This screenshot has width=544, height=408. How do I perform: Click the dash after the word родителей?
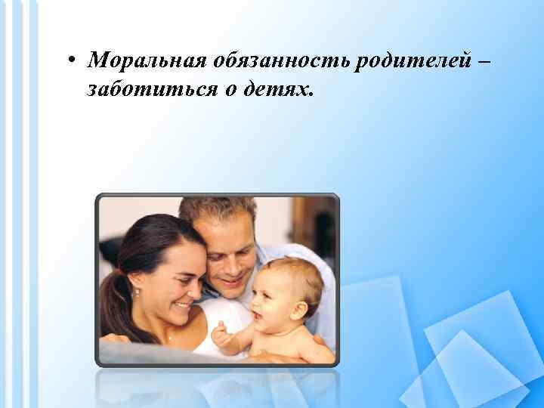pyautogui.click(x=480, y=60)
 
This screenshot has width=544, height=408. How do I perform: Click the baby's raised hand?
pyautogui.click(x=221, y=333)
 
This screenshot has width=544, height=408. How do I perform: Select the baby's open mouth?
pyautogui.click(x=259, y=313)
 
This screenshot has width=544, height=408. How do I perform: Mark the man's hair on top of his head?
pyautogui.click(x=219, y=208)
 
